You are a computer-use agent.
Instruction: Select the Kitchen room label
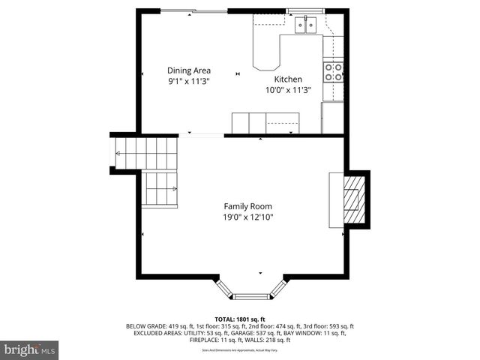[x=288, y=79]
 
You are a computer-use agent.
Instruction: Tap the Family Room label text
[x=247, y=206]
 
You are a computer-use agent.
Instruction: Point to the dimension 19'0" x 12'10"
[x=247, y=217]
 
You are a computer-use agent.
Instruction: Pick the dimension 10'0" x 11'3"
[x=288, y=90]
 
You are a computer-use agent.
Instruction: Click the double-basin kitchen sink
[x=305, y=25]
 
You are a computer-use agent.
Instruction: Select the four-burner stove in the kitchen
[x=333, y=72]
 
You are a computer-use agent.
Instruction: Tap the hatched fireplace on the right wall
[x=352, y=199]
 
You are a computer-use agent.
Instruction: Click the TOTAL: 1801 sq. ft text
[x=240, y=319]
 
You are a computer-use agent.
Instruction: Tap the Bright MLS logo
[x=30, y=349]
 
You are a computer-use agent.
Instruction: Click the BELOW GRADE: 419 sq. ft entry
[x=159, y=326]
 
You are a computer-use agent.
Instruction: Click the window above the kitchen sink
[x=305, y=11]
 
